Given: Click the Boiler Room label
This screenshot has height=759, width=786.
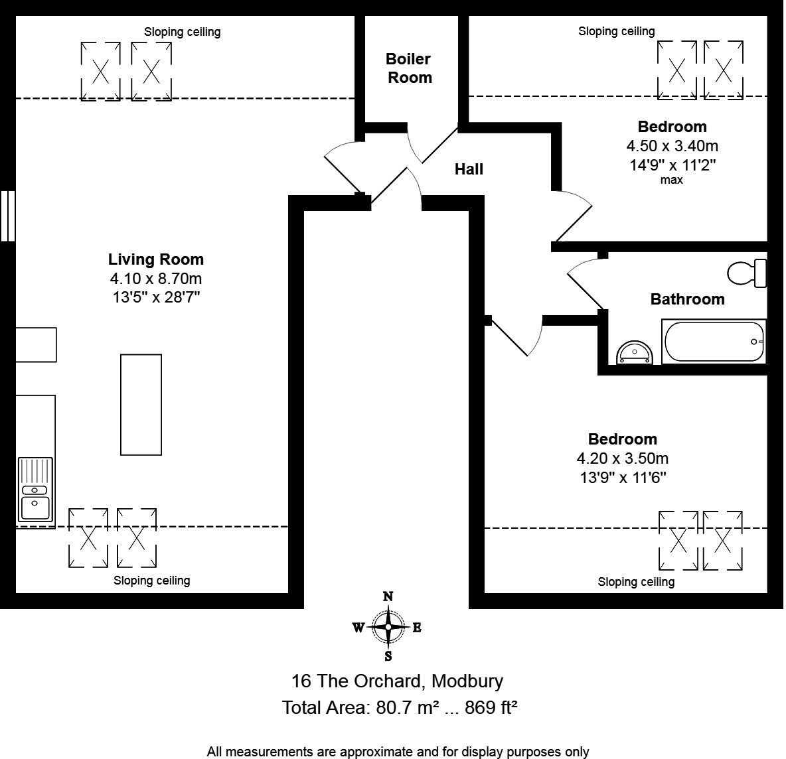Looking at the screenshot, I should click(409, 68).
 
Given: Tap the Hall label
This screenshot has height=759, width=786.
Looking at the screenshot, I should click(469, 169).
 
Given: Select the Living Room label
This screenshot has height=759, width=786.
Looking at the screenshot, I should click(156, 259).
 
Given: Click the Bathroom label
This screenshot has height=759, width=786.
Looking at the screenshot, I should click(687, 299).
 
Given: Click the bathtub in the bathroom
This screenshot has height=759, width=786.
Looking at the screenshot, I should click(714, 342).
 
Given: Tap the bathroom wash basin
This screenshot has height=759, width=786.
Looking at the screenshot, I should click(634, 354).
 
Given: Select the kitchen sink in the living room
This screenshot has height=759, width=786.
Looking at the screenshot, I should click(35, 490).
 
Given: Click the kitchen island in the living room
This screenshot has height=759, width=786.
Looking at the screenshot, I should click(141, 405).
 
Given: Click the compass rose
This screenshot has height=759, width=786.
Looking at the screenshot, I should click(388, 627).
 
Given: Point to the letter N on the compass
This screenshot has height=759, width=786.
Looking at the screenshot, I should click(388, 596).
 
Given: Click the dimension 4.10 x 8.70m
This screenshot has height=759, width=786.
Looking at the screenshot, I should click(156, 279).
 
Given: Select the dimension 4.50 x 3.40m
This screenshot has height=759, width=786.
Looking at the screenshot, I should click(672, 146).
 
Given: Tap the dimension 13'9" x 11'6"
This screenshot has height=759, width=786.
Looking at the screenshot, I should click(622, 477).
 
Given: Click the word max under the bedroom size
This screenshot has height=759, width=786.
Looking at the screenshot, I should click(671, 180).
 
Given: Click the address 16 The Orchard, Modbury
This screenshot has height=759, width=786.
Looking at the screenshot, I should click(397, 681).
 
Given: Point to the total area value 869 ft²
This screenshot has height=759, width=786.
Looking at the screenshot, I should click(491, 707).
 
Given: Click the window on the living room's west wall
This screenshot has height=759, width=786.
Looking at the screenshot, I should click(7, 216).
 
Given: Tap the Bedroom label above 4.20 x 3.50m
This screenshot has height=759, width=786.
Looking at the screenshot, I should click(622, 439).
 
